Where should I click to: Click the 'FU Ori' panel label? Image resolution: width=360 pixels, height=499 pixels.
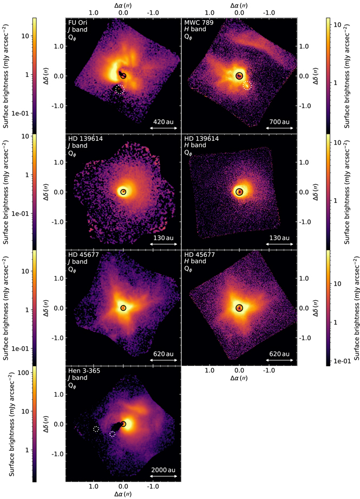[x=77, y=23]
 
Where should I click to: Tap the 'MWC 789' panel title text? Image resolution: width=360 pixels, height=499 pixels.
[x=196, y=23]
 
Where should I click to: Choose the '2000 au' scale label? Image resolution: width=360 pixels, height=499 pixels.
[x=163, y=469]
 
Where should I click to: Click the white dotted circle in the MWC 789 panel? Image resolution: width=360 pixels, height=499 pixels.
[x=247, y=86]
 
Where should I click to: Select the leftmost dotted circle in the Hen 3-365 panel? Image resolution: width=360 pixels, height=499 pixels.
[x=96, y=429]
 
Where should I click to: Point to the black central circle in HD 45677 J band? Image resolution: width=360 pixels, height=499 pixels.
[x=123, y=308]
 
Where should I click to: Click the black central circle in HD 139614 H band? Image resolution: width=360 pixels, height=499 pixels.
[x=239, y=192]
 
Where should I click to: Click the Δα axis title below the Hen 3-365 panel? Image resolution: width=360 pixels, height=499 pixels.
[x=123, y=495]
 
